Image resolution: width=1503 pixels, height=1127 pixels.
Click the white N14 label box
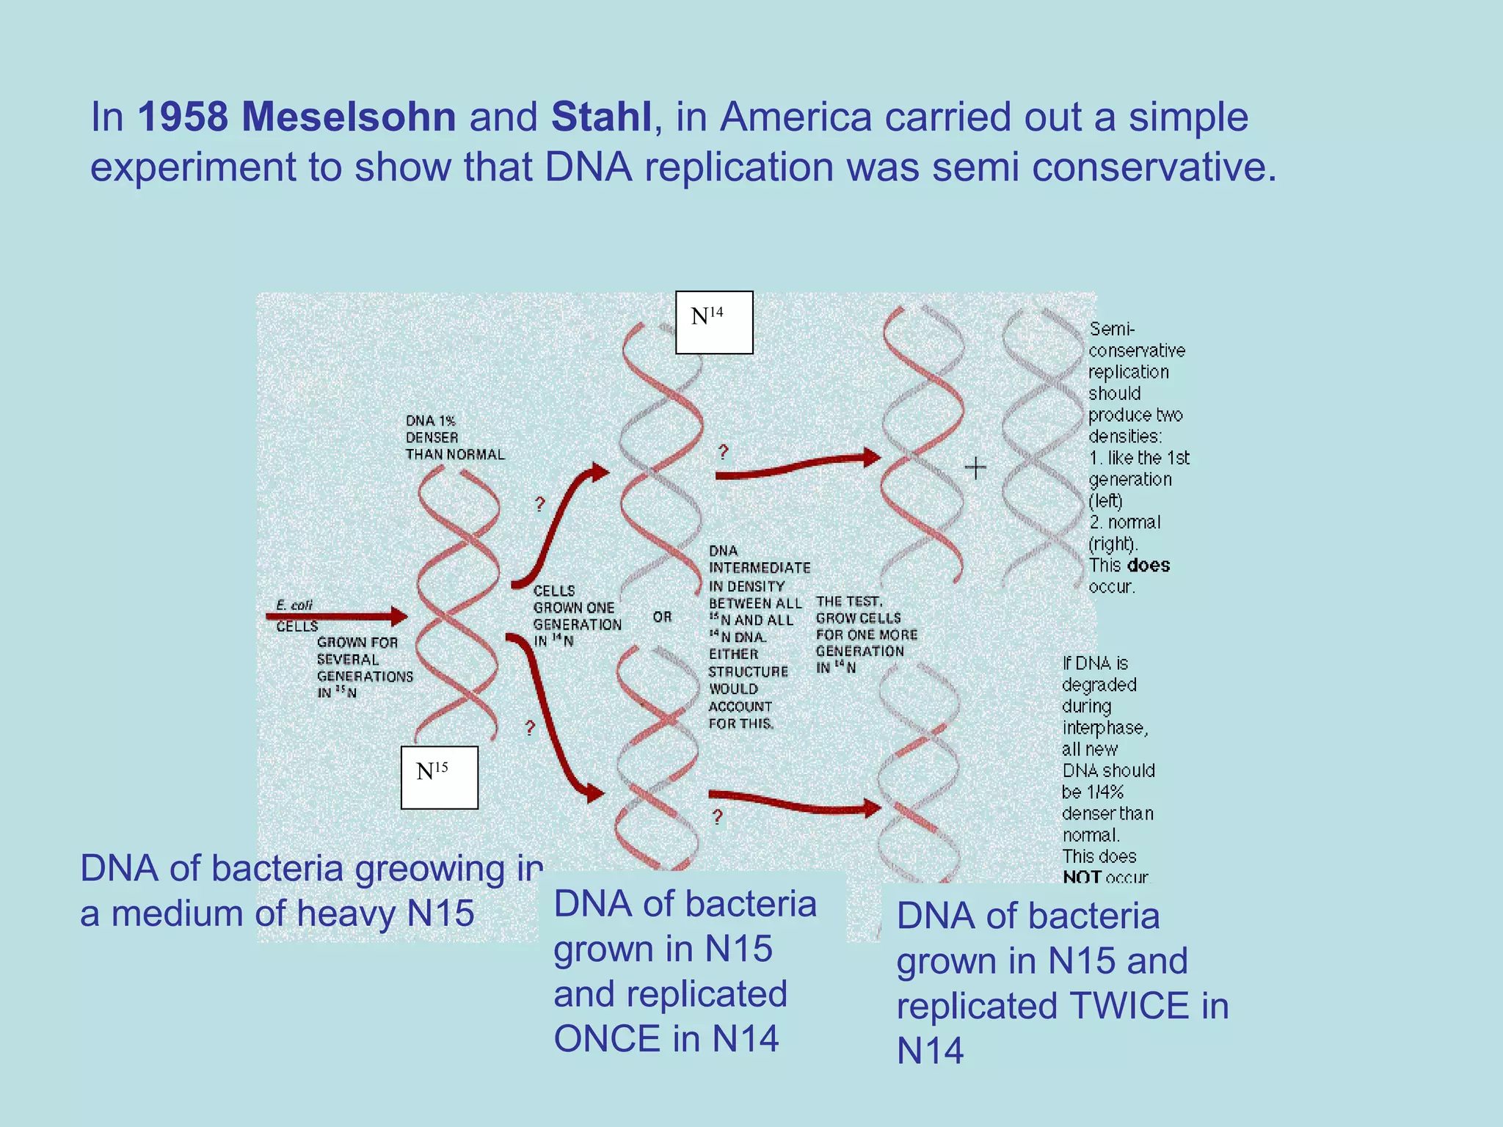(x=713, y=323)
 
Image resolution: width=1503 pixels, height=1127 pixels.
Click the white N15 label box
(x=439, y=778)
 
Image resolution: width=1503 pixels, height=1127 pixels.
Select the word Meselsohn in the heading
(x=349, y=117)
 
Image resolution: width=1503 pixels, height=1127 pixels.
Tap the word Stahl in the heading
(x=601, y=117)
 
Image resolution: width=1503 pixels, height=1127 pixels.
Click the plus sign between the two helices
(x=975, y=467)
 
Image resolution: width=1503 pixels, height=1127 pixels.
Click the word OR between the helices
(x=662, y=617)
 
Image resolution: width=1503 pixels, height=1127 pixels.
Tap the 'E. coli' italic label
(x=294, y=605)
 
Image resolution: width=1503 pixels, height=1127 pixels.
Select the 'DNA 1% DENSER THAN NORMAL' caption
(x=454, y=437)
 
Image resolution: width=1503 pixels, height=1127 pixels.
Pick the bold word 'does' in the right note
(x=1149, y=565)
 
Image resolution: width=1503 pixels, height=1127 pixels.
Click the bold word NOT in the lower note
(x=1082, y=877)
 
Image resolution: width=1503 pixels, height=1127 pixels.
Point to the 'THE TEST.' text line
(x=849, y=602)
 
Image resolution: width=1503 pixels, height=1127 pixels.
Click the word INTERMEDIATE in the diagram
(x=760, y=568)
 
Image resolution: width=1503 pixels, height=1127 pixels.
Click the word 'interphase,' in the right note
(x=1104, y=728)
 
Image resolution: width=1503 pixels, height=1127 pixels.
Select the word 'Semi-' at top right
(x=1112, y=329)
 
